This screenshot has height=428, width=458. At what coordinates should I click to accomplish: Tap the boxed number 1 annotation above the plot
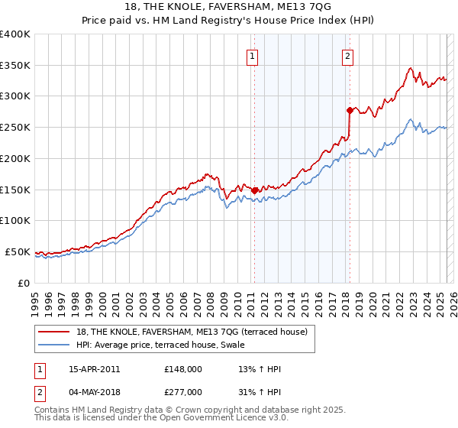[252, 55]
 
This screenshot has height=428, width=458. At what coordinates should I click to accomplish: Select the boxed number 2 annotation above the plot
[347, 55]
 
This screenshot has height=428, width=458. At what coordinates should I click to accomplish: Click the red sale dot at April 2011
[254, 190]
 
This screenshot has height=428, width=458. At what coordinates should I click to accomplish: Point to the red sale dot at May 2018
[350, 110]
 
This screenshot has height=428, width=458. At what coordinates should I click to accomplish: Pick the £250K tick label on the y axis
[15, 128]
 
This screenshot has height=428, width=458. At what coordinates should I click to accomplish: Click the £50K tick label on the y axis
[18, 251]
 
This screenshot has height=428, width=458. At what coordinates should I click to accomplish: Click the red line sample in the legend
[54, 332]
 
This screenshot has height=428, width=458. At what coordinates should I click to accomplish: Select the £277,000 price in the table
[183, 391]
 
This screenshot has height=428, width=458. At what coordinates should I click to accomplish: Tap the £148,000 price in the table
[183, 369]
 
